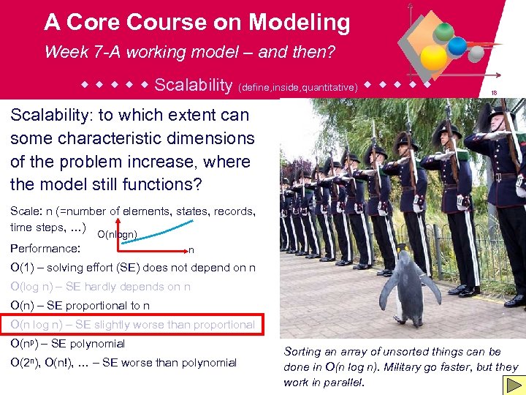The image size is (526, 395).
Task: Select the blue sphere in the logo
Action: [x=457, y=46]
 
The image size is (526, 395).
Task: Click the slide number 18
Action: [x=495, y=93]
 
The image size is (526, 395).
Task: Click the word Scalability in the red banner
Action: [x=193, y=85]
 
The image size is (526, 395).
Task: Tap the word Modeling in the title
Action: [x=299, y=23]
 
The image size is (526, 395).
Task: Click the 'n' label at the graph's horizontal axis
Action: [x=191, y=249]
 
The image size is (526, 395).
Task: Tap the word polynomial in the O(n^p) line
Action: [x=98, y=344]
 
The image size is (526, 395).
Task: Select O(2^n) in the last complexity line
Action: [x=26, y=363]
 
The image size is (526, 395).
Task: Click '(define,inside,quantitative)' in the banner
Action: [x=298, y=87]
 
